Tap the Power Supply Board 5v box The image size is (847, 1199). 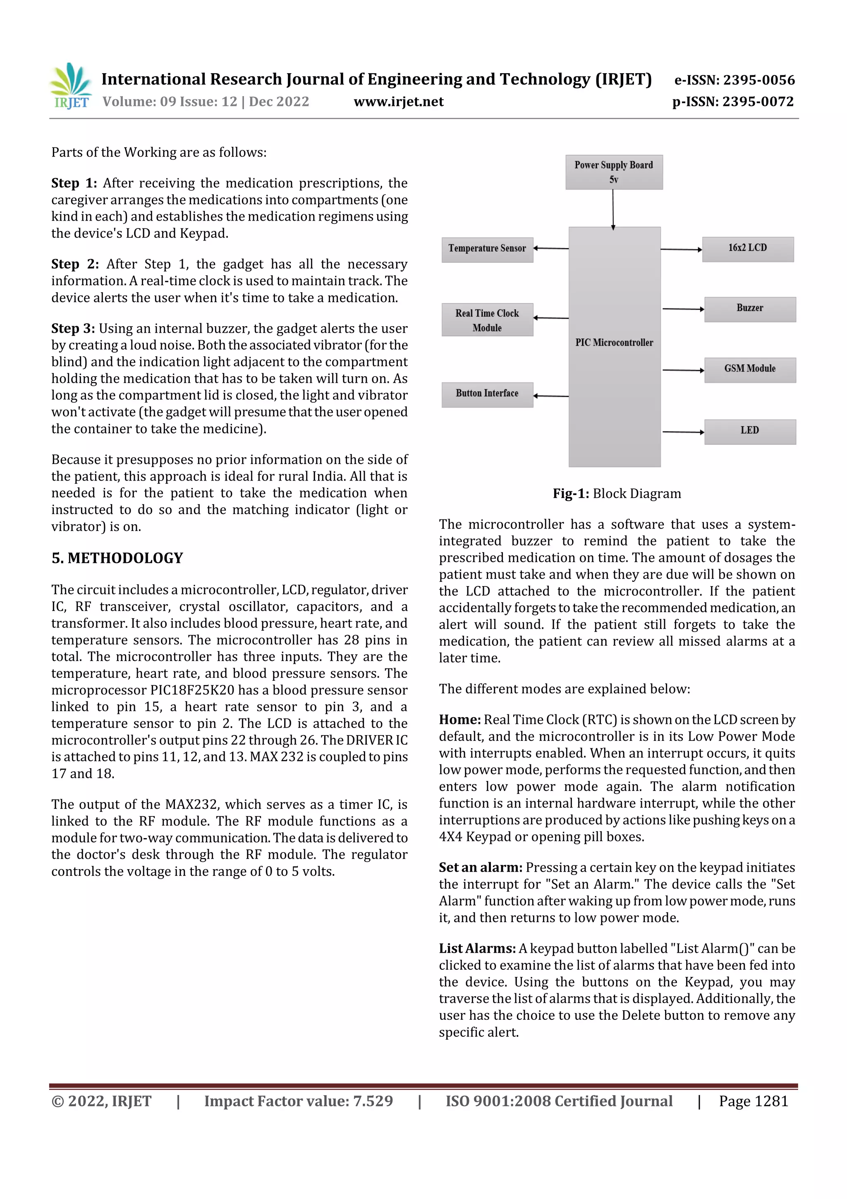pos(614,172)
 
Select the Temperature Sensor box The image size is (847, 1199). pos(487,249)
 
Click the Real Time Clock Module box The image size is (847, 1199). pos(487,320)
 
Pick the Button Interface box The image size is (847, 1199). pos(487,394)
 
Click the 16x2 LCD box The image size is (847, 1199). pos(747,249)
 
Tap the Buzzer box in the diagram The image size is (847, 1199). pos(749,309)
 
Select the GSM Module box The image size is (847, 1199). pos(749,370)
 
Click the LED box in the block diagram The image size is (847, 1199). pos(749,431)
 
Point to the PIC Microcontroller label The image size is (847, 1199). pos(614,343)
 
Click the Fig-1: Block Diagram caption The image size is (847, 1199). pos(617,493)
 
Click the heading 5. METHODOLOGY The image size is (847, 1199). pos(117,558)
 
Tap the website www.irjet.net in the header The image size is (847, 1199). pos(398,102)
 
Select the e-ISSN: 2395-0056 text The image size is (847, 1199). pos(734,80)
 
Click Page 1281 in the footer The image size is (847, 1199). pos(753,1101)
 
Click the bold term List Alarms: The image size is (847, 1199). pos(477,948)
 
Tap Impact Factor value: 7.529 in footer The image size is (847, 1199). pos(298,1101)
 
